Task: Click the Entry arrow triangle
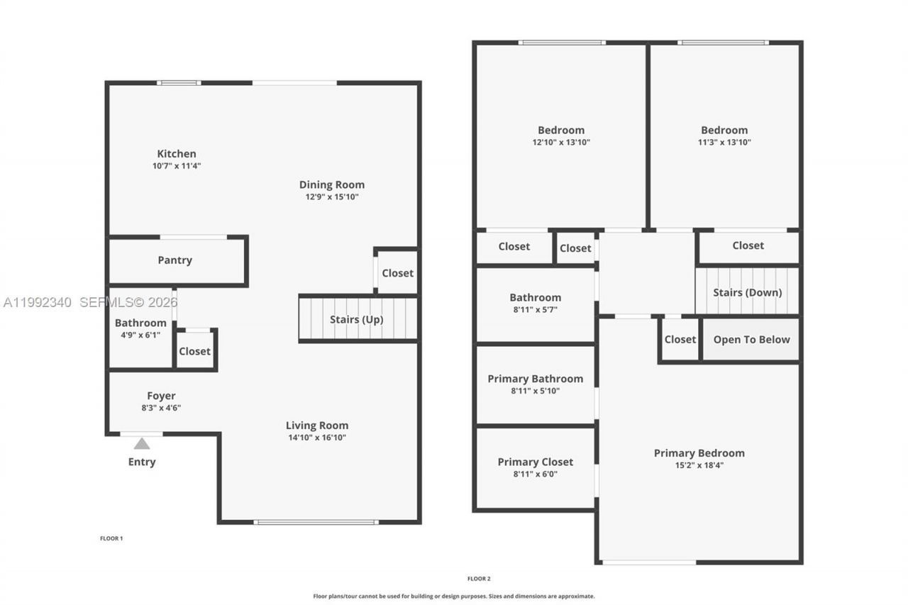[142, 444]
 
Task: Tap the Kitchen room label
[177, 154]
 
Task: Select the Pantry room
[175, 260]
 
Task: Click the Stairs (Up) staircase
[357, 319]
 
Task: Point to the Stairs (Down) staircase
[747, 292]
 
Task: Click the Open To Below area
[751, 340]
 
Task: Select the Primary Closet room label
[536, 462]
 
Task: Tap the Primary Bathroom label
[536, 379]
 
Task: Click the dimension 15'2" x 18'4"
[699, 465]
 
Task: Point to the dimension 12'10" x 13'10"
[561, 142]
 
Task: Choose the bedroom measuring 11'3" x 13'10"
[724, 135]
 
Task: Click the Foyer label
[162, 396]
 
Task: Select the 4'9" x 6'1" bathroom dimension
[140, 335]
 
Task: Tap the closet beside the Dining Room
[397, 273]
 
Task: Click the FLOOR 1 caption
[111, 538]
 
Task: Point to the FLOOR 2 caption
[479, 579]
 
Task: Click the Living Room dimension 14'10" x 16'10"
[317, 438]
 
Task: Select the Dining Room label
[332, 184]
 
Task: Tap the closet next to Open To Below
[680, 340]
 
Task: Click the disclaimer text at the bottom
[454, 596]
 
